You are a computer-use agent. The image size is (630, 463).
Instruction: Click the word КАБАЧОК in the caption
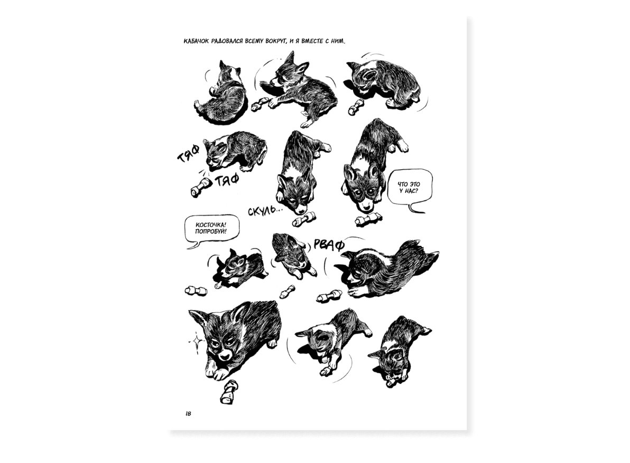pos(196,41)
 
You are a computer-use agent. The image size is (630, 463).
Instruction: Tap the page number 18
pos(188,414)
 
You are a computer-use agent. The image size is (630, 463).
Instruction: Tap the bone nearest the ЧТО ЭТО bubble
pos(368,219)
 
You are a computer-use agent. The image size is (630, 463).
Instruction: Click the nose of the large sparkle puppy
pos(225,357)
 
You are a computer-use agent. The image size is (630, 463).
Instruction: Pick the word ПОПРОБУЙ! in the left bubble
pos(210,232)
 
